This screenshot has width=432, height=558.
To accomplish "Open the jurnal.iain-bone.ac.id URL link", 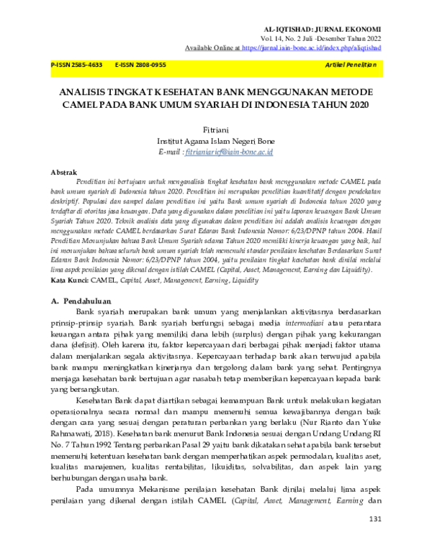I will [312, 47].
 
